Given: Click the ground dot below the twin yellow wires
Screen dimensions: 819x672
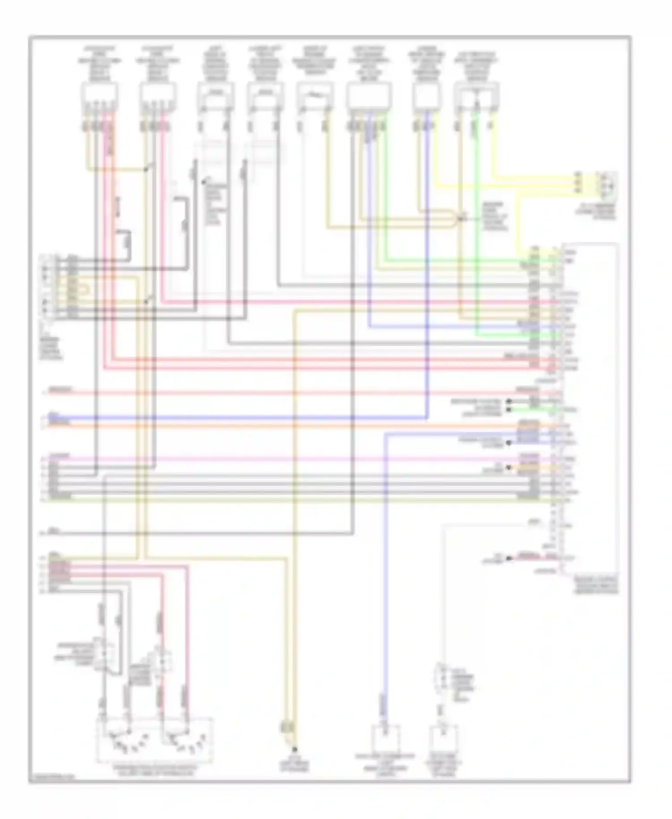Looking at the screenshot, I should (295, 749).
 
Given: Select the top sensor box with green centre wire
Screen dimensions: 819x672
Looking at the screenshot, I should (476, 95).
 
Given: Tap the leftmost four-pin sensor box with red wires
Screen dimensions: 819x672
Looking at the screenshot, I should (99, 95).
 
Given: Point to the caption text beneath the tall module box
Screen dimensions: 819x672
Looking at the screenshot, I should (596, 585).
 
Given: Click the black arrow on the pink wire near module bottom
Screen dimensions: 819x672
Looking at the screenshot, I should (508, 558).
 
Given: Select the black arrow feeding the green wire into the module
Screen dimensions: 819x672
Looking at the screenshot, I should (508, 409).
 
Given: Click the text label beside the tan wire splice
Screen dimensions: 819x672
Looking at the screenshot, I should (495, 217).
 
